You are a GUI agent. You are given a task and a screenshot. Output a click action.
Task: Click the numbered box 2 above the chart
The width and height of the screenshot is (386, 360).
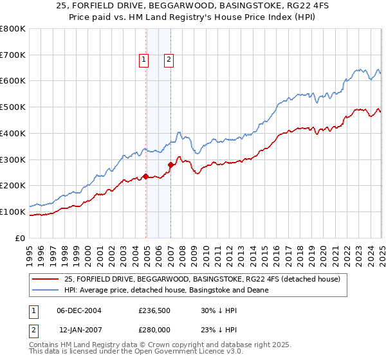pyautogui.click(x=168, y=60)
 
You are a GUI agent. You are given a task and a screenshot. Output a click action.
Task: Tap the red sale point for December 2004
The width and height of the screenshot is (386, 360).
pyautogui.click(x=146, y=176)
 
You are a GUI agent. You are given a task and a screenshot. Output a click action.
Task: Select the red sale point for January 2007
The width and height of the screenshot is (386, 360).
pyautogui.click(x=171, y=165)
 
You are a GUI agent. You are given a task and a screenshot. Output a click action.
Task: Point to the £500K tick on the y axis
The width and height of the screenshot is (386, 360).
pyautogui.click(x=13, y=107)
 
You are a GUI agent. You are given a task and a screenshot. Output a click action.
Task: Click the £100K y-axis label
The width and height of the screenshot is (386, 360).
pyautogui.click(x=13, y=212)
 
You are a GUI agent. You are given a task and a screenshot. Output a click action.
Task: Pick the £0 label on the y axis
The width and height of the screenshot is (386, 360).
pyautogui.click(x=20, y=238)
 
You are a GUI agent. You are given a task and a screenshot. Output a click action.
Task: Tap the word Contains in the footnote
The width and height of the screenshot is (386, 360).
pyautogui.click(x=46, y=346)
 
